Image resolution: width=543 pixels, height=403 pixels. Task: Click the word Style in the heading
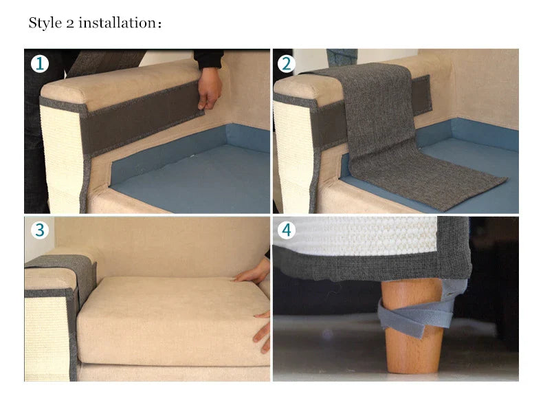pyautogui.click(x=45, y=23)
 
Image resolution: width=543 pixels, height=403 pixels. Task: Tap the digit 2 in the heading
pyautogui.click(x=70, y=24)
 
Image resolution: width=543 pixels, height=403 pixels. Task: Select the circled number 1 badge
pyautogui.click(x=39, y=64)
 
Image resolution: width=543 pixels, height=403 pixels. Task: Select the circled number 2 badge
pyautogui.click(x=286, y=64)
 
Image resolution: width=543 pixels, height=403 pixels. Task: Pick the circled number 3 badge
pyautogui.click(x=39, y=230)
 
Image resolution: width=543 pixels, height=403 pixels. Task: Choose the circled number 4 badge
pyautogui.click(x=286, y=230)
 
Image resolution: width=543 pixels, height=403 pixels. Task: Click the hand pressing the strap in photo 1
pyautogui.click(x=209, y=88)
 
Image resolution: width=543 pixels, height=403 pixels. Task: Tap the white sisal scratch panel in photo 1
pyautogui.click(x=60, y=156)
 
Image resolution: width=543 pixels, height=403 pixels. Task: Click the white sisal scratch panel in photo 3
pyautogui.click(x=47, y=338)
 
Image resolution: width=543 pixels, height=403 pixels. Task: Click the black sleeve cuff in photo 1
pyautogui.click(x=208, y=58)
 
